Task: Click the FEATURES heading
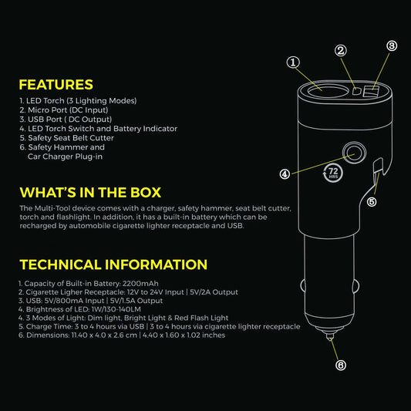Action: (56, 85)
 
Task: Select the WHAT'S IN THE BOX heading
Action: (90, 193)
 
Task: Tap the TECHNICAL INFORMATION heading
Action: (113, 264)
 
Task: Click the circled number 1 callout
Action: (293, 62)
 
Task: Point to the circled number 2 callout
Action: (341, 51)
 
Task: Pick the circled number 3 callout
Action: (392, 45)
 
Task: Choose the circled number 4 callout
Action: (285, 174)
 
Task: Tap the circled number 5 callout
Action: (372, 202)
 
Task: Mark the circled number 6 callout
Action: (341, 366)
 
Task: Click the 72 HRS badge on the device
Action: (333, 173)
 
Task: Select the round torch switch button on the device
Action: (354, 152)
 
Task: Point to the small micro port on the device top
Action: (356, 92)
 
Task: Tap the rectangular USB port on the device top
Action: (371, 92)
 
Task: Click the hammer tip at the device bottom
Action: (330, 336)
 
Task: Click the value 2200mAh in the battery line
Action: (140, 284)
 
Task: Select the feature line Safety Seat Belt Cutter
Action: (71, 138)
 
